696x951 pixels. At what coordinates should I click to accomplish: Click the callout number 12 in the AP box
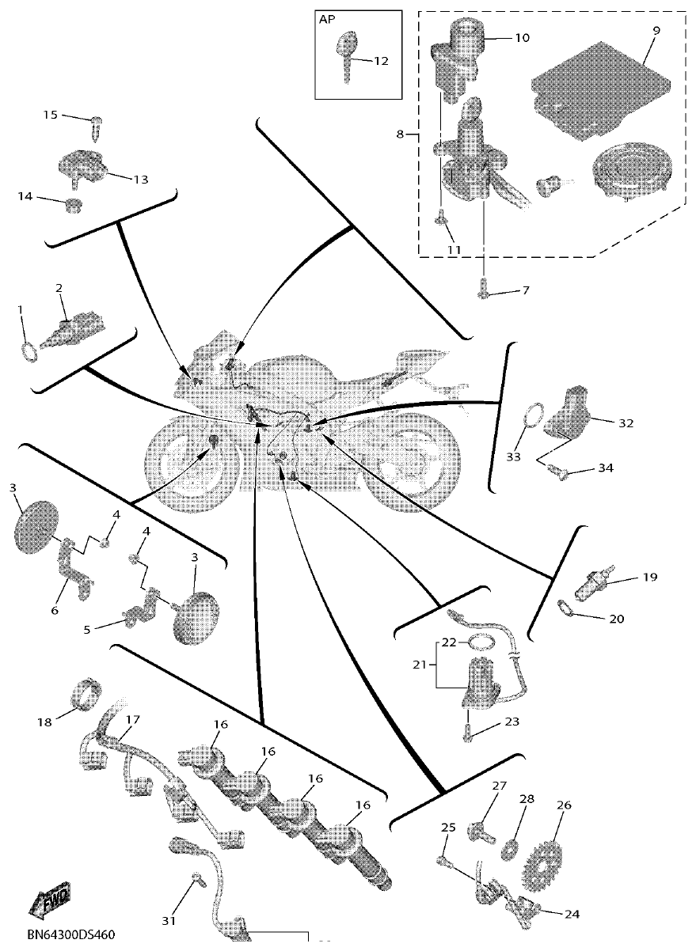[x=381, y=61]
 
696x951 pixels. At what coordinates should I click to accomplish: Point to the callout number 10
[x=522, y=37]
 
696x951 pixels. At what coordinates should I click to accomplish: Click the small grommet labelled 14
[x=74, y=206]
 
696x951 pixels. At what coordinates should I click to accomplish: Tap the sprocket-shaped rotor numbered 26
[x=545, y=860]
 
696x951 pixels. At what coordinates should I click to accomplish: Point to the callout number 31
[x=167, y=920]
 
